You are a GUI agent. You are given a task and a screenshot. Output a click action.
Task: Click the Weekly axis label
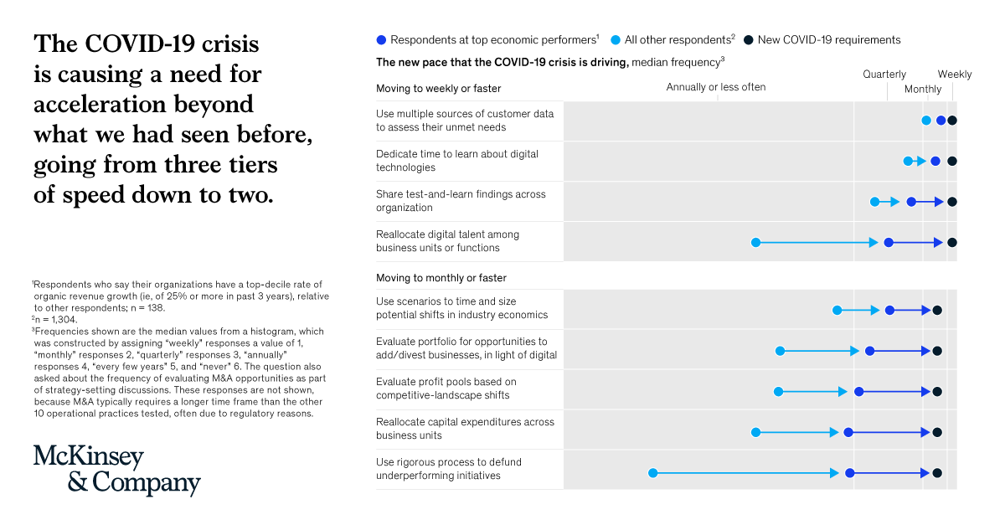[x=954, y=75]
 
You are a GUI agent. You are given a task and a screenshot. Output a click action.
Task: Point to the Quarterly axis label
[x=884, y=75]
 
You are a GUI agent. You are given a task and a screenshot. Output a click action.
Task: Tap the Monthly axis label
[x=922, y=90]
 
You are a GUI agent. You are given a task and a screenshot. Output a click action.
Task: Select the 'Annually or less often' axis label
[x=715, y=87]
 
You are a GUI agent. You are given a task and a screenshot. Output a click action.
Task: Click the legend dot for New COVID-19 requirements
[x=750, y=39]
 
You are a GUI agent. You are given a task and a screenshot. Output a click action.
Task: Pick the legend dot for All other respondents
[x=616, y=39]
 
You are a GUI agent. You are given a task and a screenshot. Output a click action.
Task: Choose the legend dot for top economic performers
[x=382, y=39]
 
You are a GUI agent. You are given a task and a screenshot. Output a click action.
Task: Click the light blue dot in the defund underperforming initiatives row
[x=653, y=473]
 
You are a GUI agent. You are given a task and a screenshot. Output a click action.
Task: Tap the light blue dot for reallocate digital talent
[x=755, y=243]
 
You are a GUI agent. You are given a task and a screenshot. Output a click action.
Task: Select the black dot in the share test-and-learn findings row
[x=951, y=202]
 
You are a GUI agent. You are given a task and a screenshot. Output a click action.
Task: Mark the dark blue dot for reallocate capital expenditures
[x=848, y=432]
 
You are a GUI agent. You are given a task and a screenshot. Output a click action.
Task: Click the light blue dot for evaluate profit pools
[x=778, y=391]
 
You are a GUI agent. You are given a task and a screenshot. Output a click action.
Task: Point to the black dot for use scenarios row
[x=937, y=311]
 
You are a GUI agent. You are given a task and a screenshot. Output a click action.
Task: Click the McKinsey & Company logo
[x=116, y=471]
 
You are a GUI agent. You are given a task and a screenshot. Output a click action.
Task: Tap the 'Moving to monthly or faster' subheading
[x=441, y=278]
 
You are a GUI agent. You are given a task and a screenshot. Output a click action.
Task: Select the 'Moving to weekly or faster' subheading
[x=438, y=89]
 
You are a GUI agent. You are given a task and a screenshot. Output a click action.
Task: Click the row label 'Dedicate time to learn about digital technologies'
[x=457, y=161]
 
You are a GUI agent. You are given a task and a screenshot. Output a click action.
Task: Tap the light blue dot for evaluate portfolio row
[x=780, y=351]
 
